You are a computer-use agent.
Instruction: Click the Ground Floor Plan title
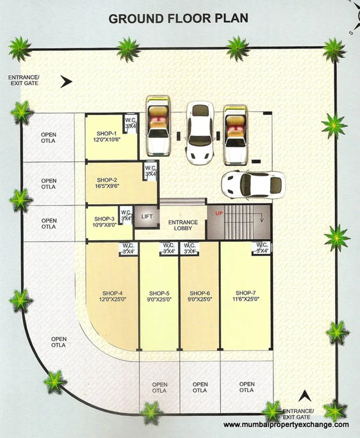click(x=178, y=19)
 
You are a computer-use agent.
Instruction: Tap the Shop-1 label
click(x=106, y=134)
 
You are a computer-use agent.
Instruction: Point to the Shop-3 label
click(x=103, y=219)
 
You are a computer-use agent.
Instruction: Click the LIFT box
click(x=147, y=217)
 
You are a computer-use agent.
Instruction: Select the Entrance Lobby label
click(x=183, y=225)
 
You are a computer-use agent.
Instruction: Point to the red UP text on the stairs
click(x=219, y=213)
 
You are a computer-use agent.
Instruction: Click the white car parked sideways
click(x=253, y=184)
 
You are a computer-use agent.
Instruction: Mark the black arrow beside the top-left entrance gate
click(x=67, y=82)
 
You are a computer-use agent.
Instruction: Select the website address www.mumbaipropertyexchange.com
click(x=286, y=425)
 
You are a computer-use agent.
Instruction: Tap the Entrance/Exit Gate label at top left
click(x=23, y=80)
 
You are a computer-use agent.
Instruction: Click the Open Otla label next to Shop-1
click(x=49, y=138)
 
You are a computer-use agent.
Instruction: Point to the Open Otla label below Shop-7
click(x=247, y=387)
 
